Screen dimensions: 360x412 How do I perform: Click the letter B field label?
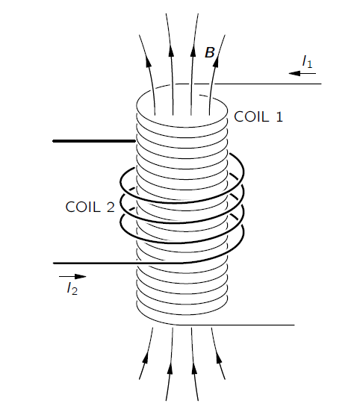[x=210, y=52]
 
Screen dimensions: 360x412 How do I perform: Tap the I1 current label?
[x=307, y=62]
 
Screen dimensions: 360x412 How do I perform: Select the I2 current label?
[x=72, y=288]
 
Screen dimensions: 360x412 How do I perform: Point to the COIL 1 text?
[x=258, y=116]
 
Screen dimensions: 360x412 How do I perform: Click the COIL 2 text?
[x=90, y=207]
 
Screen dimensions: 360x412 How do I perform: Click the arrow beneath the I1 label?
[x=302, y=74]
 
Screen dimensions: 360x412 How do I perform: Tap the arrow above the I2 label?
[x=72, y=276]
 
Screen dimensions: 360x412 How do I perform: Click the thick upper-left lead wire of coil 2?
[x=94, y=141]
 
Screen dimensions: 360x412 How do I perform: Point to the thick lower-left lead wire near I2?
[x=118, y=263]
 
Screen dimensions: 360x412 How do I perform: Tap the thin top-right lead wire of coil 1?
[x=268, y=84]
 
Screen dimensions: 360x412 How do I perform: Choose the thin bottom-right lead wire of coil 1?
[x=235, y=325]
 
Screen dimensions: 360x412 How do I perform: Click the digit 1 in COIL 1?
[x=279, y=116]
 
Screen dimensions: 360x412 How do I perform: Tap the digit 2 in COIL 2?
[x=111, y=207]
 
